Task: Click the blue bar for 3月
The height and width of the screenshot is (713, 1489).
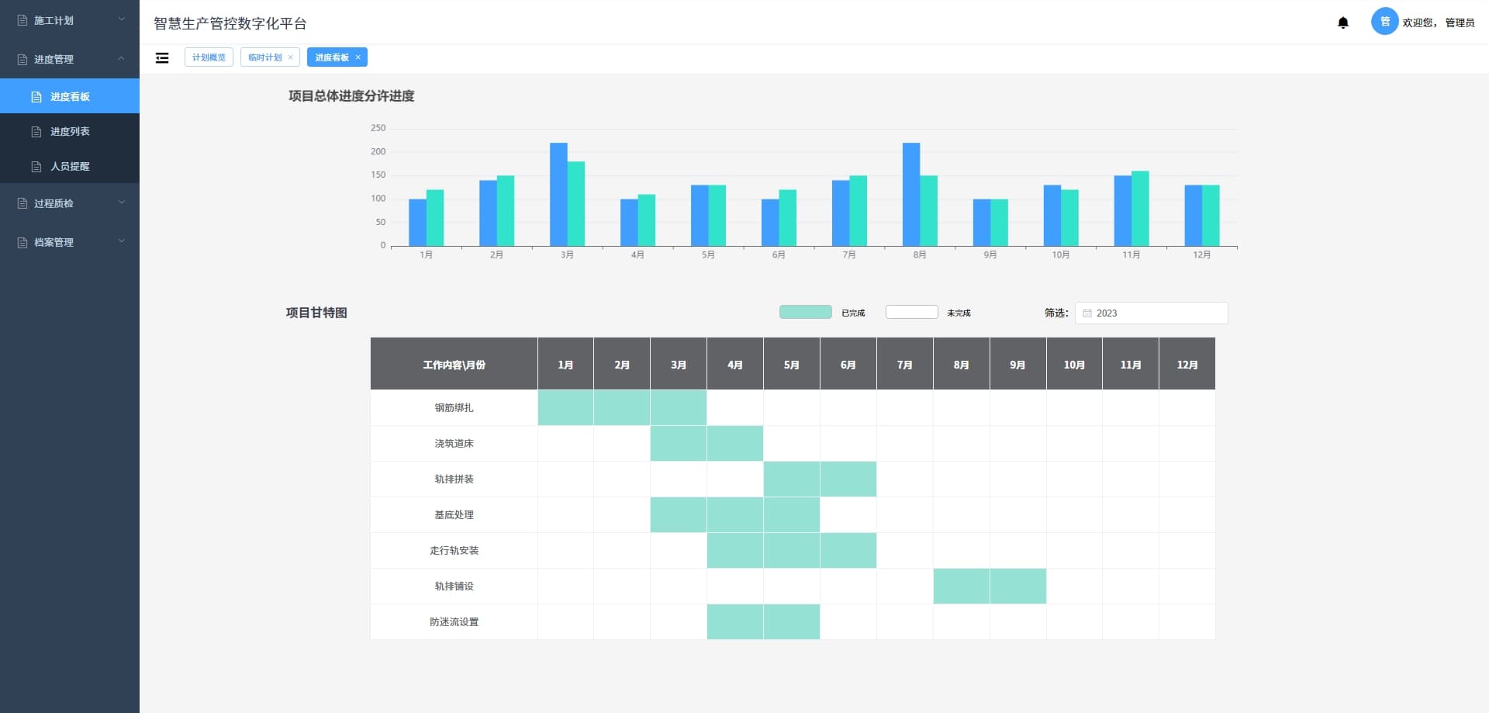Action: pos(558,194)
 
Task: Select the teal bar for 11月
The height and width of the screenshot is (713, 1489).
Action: pos(1140,208)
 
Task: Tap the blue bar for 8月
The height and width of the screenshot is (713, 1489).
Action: pos(911,194)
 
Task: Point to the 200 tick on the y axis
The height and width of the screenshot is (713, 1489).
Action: pos(378,151)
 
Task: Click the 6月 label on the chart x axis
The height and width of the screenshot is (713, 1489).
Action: pos(779,254)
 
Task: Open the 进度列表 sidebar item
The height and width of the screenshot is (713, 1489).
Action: pos(70,131)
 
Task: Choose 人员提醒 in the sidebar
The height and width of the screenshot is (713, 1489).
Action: pos(70,166)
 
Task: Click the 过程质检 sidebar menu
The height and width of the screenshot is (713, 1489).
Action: pos(54,203)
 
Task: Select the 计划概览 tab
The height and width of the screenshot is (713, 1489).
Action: pos(209,57)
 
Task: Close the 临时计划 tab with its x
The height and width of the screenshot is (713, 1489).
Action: pos(291,57)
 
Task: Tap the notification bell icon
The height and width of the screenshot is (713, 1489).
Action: pos(1343,22)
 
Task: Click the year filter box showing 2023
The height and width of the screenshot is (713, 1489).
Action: pos(1151,313)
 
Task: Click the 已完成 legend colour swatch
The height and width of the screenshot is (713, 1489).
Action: pos(805,312)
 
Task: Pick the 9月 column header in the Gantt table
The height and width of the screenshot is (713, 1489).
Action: pos(1017,364)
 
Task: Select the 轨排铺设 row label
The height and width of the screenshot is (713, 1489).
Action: pos(454,586)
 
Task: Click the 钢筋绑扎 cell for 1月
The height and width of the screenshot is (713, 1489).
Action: pos(565,407)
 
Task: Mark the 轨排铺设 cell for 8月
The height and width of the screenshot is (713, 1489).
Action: pos(961,586)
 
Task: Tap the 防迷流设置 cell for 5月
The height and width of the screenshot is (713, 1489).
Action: pos(791,621)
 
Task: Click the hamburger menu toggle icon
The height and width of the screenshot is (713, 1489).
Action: pos(162,57)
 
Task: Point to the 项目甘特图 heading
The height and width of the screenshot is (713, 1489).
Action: pos(316,313)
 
